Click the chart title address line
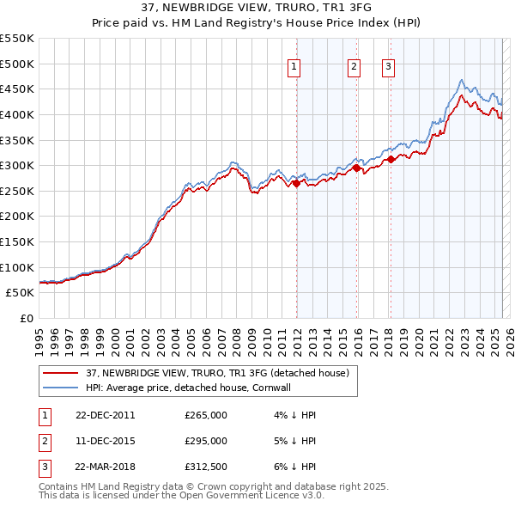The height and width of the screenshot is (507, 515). (x=257, y=9)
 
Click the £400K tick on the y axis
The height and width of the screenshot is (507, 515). (x=17, y=114)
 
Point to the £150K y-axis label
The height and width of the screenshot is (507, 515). (x=17, y=241)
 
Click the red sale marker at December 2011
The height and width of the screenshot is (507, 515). (x=296, y=183)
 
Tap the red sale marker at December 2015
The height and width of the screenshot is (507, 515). (x=356, y=168)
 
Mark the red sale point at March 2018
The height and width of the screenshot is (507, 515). (x=391, y=159)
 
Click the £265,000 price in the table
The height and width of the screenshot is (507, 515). (x=206, y=415)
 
